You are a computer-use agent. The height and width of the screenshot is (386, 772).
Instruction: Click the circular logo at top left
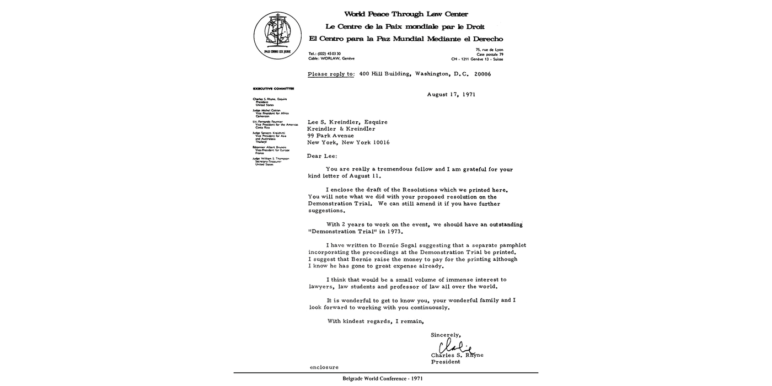point(277,36)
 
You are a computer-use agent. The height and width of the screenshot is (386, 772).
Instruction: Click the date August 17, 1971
point(451,94)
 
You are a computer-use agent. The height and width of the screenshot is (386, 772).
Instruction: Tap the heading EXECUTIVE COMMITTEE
point(274,88)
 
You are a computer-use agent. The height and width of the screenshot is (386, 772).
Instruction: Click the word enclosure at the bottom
point(324,367)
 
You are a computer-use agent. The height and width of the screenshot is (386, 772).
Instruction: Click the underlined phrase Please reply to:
point(331,74)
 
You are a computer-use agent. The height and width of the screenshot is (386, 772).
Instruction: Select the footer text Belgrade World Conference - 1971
point(383,379)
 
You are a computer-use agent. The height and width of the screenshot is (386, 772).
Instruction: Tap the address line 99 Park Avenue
point(331,136)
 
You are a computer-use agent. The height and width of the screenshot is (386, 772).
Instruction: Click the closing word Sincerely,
point(446,335)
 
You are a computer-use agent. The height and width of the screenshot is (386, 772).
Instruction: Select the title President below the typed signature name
point(446,362)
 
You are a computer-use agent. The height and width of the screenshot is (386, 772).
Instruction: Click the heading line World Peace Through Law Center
point(406,14)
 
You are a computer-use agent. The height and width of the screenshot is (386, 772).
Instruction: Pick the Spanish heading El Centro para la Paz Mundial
point(406,39)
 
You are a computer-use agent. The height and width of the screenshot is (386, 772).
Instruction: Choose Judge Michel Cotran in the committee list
point(267,110)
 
